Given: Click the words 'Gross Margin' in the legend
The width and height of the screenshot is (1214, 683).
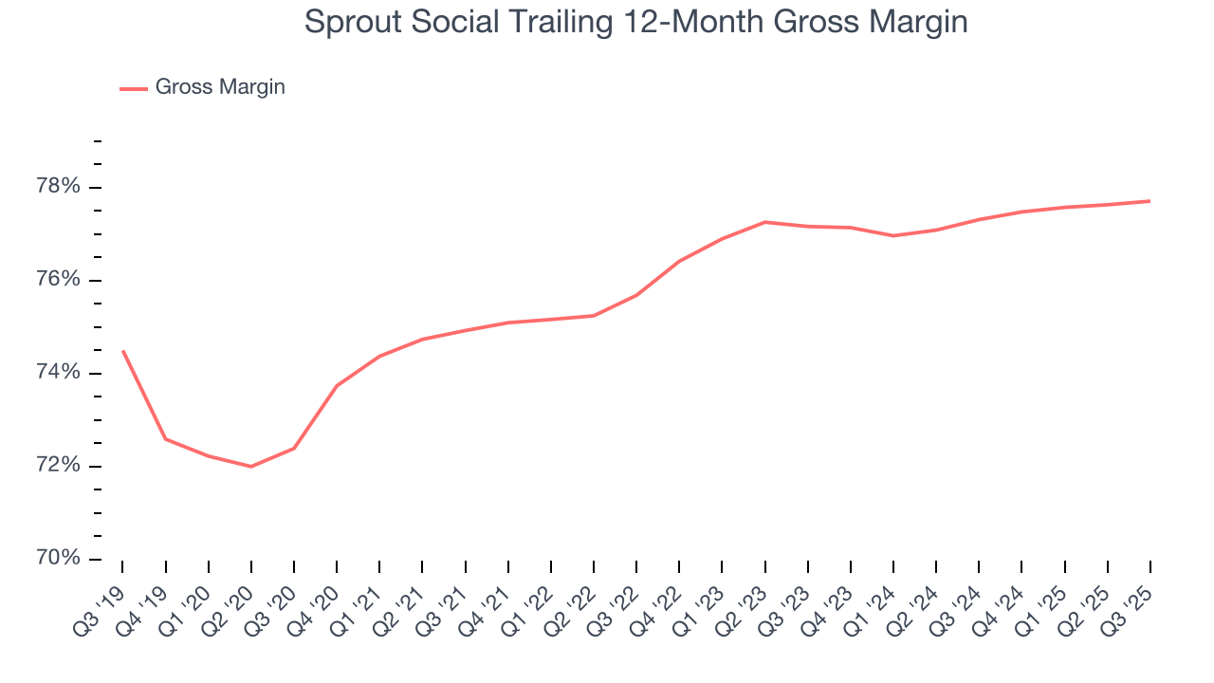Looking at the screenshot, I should pyautogui.click(x=220, y=87).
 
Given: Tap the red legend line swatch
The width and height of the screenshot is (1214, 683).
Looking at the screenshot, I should pyautogui.click(x=134, y=88).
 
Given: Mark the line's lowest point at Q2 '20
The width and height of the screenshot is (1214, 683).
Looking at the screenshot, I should pyautogui.click(x=250, y=467).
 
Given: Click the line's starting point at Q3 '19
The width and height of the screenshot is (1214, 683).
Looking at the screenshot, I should pyautogui.click(x=122, y=351).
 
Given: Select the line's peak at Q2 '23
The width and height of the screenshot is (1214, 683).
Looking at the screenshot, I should pyautogui.click(x=764, y=222).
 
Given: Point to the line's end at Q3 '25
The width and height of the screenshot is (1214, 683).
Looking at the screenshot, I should pyautogui.click(x=1150, y=201).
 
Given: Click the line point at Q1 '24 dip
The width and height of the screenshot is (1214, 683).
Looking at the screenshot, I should pyautogui.click(x=893, y=235).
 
